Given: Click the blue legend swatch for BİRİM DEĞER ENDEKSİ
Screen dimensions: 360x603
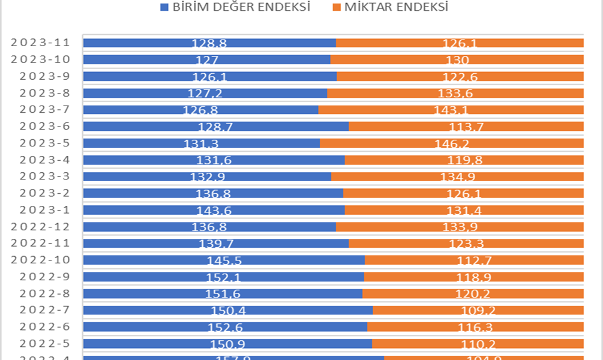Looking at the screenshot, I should tap(164, 8).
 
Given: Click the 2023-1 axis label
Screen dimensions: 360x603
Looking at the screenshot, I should tap(46, 210).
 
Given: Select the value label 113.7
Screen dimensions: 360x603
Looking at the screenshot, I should tap(466, 127).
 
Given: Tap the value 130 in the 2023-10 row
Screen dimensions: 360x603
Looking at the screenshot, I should tap(457, 60).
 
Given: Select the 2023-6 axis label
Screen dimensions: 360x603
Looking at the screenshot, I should tap(46, 126).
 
